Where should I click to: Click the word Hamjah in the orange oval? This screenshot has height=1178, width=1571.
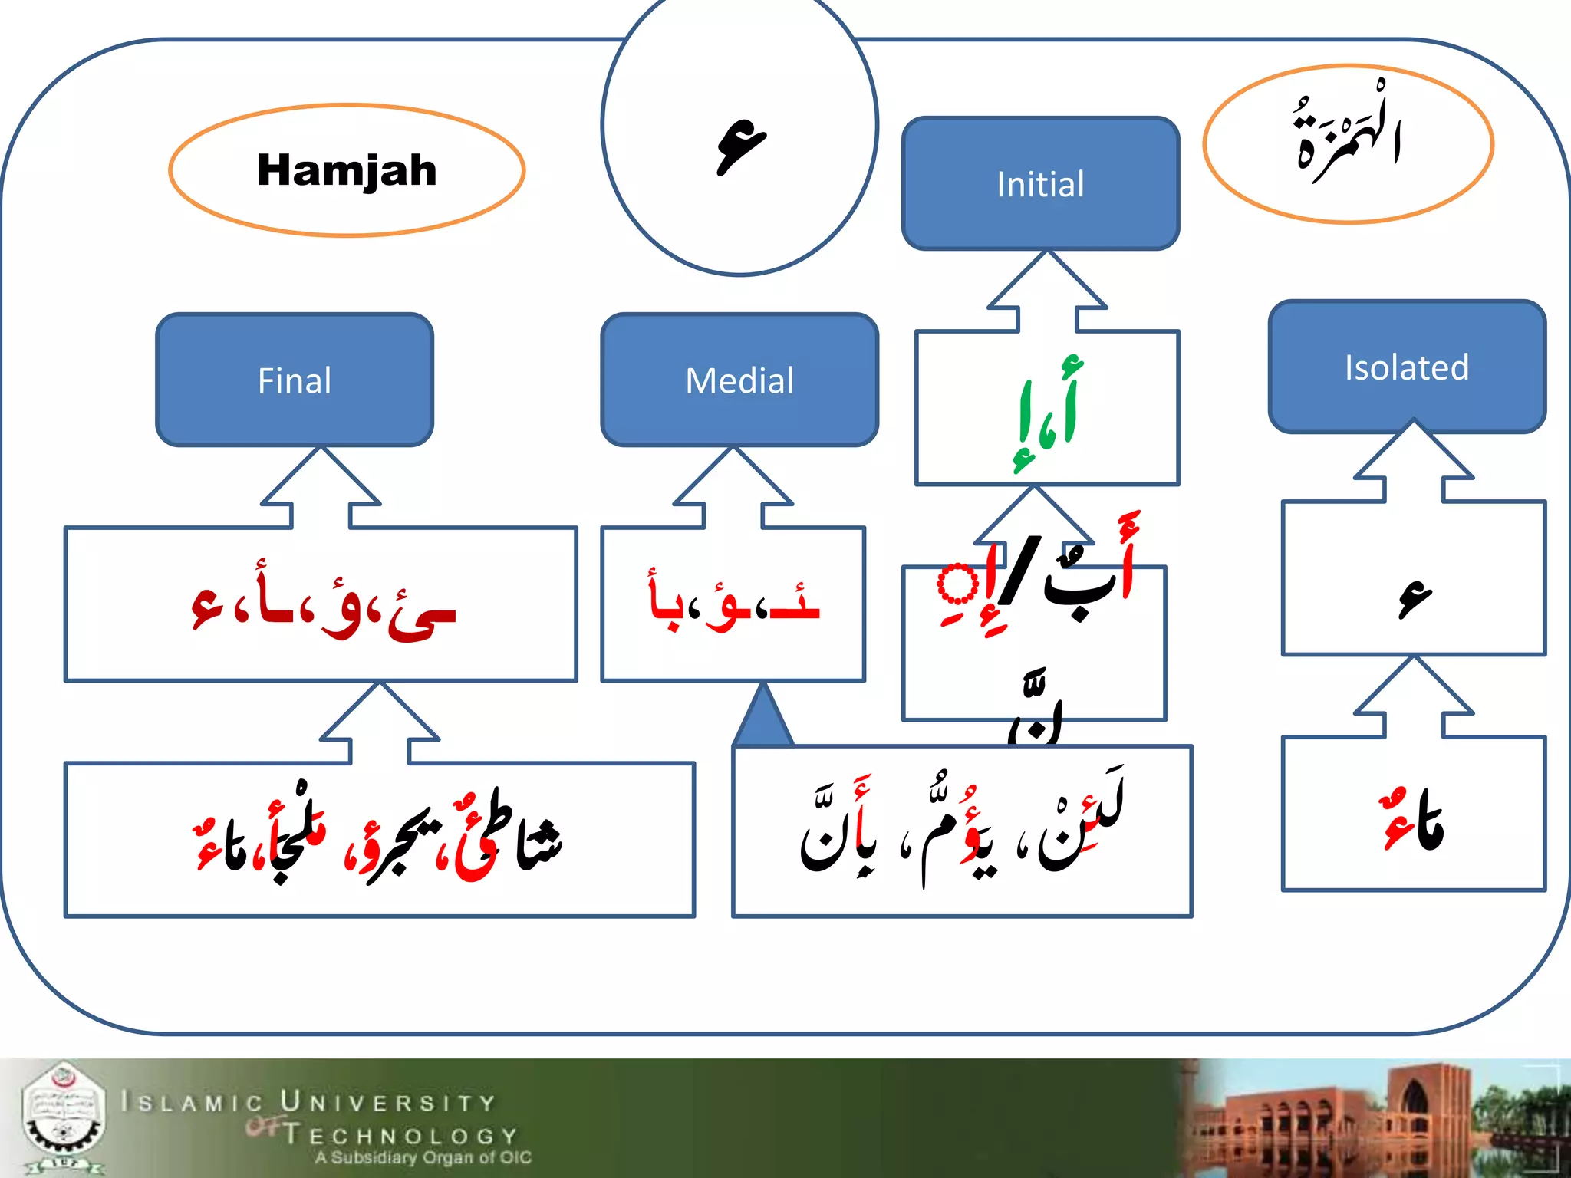point(347,169)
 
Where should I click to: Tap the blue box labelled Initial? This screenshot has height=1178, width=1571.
point(1040,184)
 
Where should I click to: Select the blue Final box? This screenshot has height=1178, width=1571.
point(295,380)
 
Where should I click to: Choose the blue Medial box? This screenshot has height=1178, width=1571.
point(739,380)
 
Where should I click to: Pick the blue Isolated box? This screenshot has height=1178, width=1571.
point(1407,367)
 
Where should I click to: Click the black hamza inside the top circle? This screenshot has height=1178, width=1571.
point(741,146)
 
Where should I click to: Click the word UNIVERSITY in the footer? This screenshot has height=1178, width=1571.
point(388,1103)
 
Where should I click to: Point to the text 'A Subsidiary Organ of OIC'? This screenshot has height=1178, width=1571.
point(423,1157)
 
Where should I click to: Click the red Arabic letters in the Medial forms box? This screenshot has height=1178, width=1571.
point(734,602)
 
